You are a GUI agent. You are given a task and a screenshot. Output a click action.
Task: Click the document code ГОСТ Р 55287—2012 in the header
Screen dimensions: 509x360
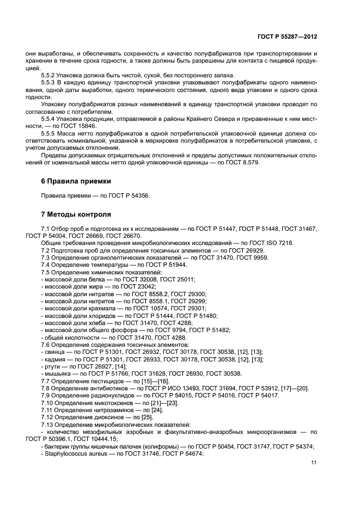(x=288, y=36)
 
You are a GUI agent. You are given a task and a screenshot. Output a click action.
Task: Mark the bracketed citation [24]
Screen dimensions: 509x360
(x=142, y=410)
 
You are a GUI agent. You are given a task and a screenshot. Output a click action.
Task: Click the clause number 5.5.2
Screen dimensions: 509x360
(x=50, y=75)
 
